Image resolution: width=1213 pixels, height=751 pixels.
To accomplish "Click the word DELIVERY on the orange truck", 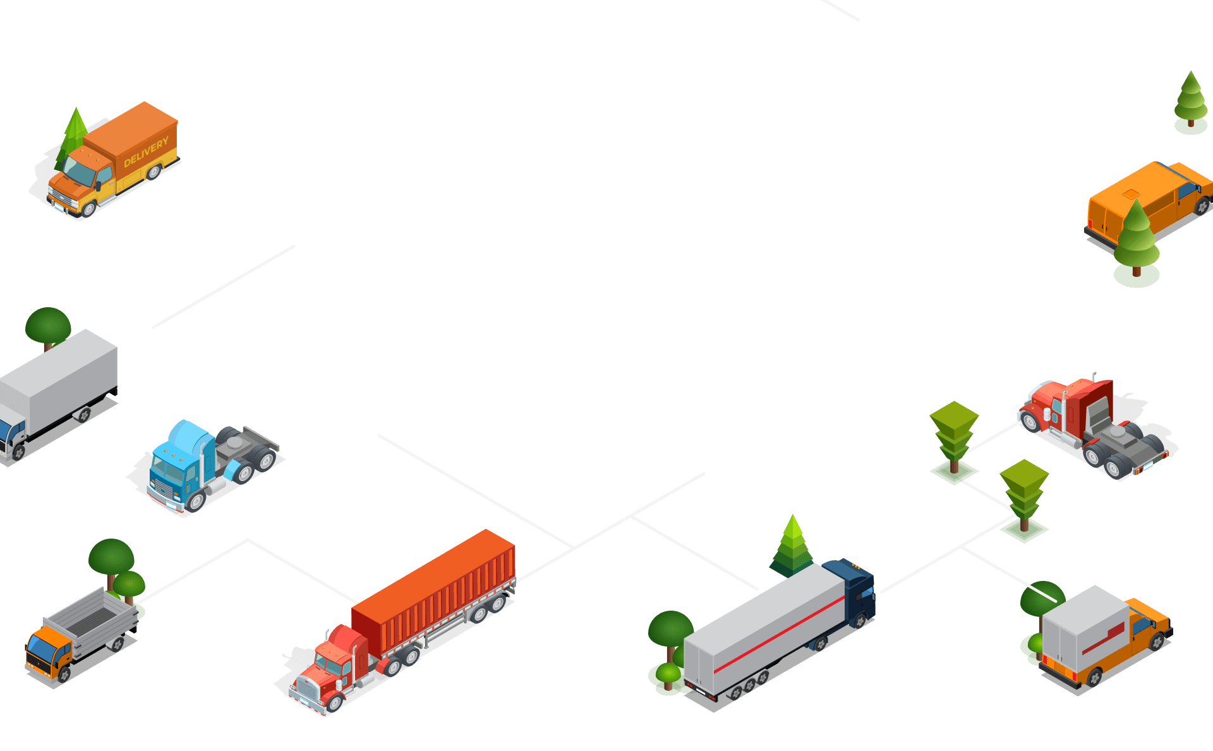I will coord(146,152).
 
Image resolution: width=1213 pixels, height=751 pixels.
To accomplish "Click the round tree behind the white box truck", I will coord(48,326).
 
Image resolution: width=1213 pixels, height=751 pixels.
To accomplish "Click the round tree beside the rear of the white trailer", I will coord(670,629).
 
